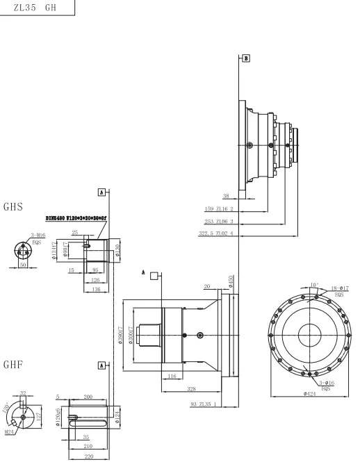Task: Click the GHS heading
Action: pyautogui.click(x=14, y=207)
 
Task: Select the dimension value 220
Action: pyautogui.click(x=89, y=458)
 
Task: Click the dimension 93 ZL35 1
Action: pyautogui.click(x=203, y=404)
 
